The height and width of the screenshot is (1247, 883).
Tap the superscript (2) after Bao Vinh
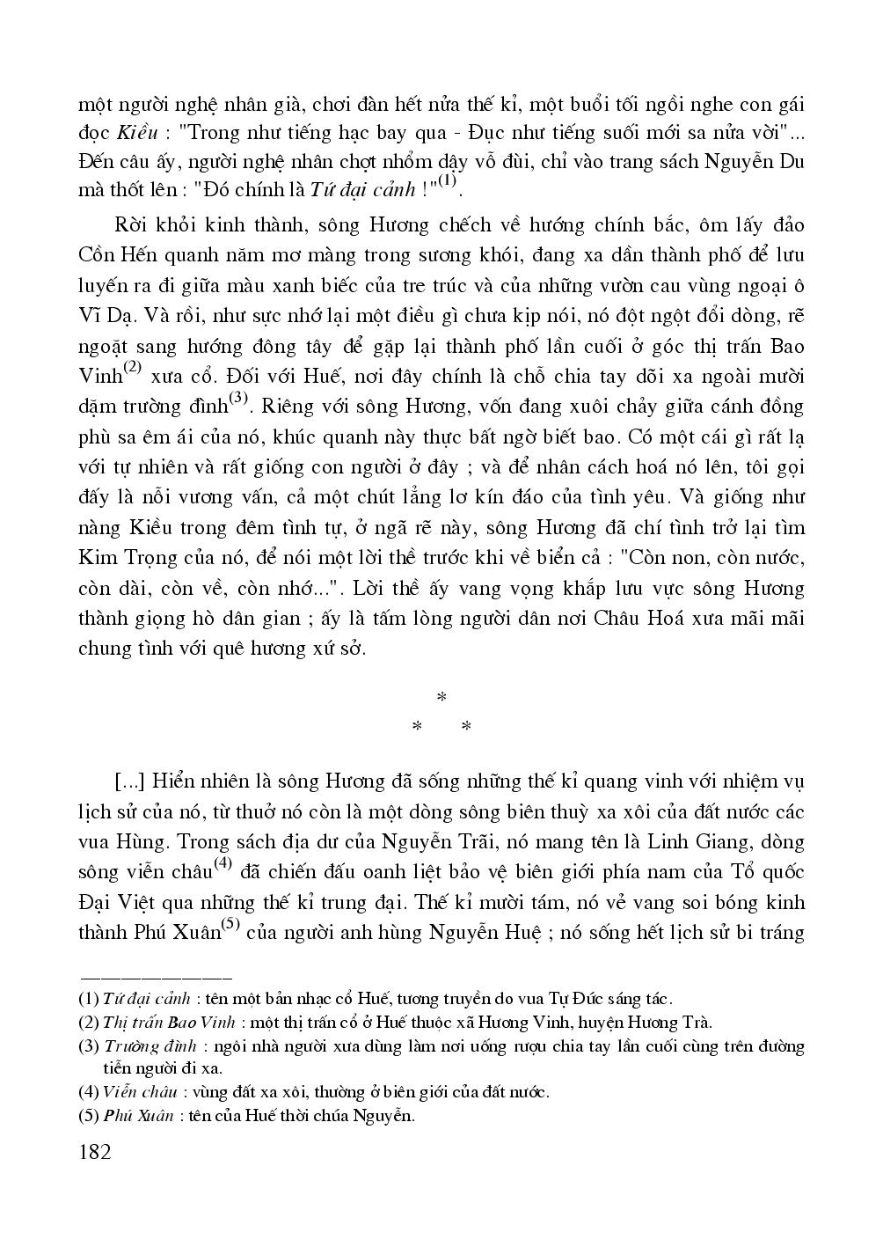tap(132, 368)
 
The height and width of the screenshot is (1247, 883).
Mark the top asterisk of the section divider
tap(441, 697)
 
